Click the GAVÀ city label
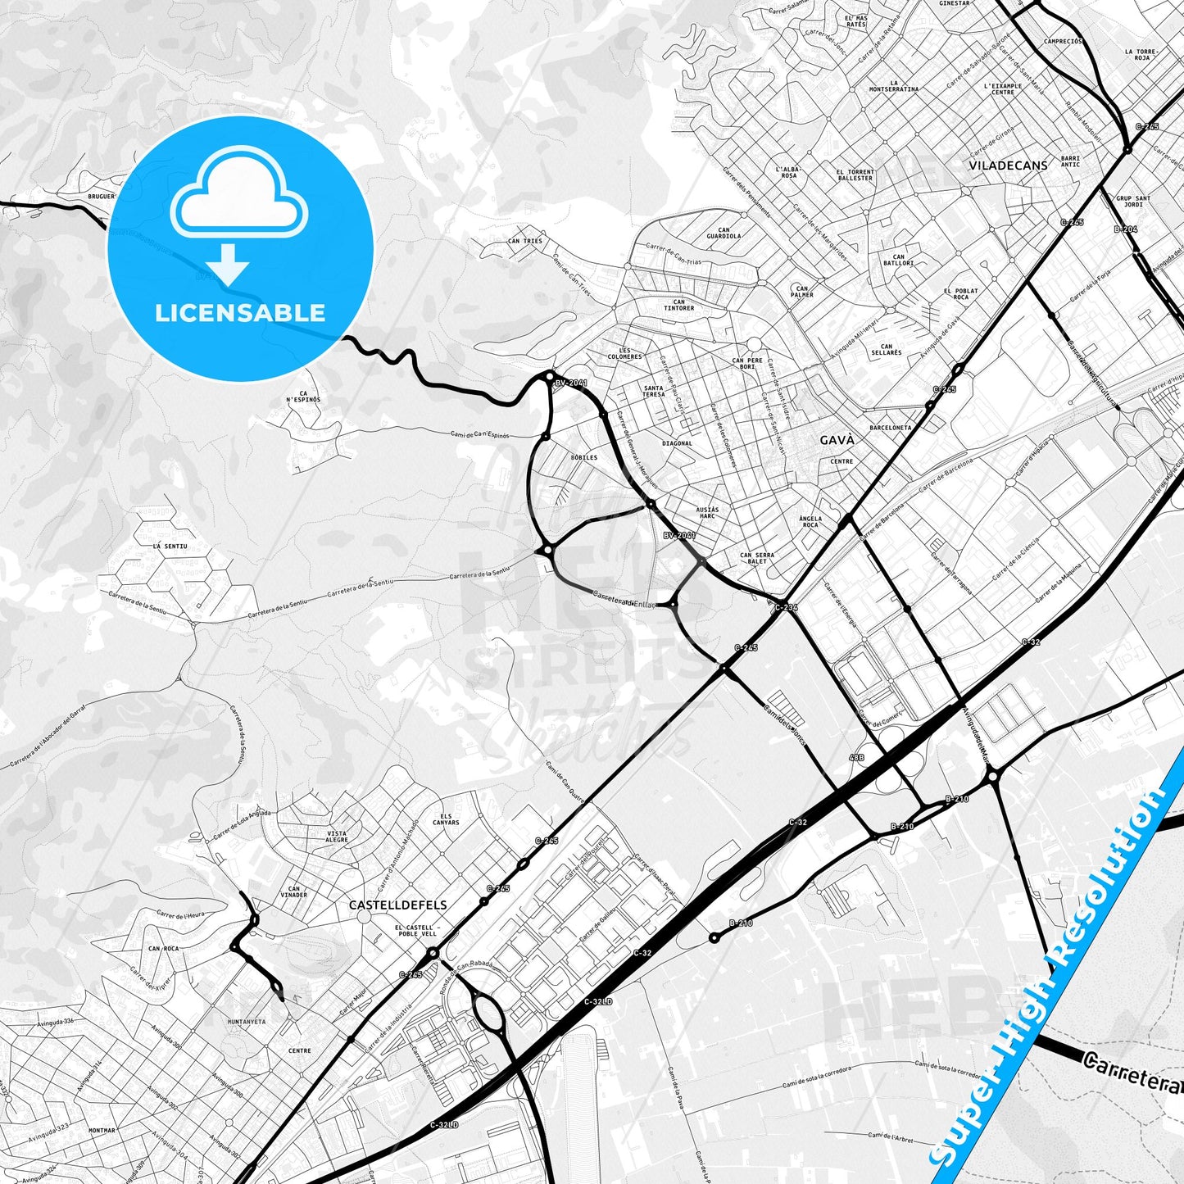coord(837,440)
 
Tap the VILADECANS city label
coord(1008,165)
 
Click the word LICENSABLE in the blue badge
coord(240,312)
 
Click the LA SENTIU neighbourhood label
coord(170,546)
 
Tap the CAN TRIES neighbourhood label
coord(524,241)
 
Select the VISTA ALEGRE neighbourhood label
coord(337,837)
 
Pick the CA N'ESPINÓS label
coord(303,396)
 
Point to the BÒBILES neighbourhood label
coord(584,457)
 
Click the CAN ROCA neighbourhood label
coord(163,948)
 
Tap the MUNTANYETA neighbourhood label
coord(246,1022)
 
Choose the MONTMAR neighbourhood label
coord(102,1130)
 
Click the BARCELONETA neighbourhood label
coord(890,428)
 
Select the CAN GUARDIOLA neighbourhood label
coord(724,234)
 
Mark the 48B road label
coord(856,758)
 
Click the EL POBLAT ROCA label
coord(960,294)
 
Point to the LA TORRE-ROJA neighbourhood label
coord(1141,55)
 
